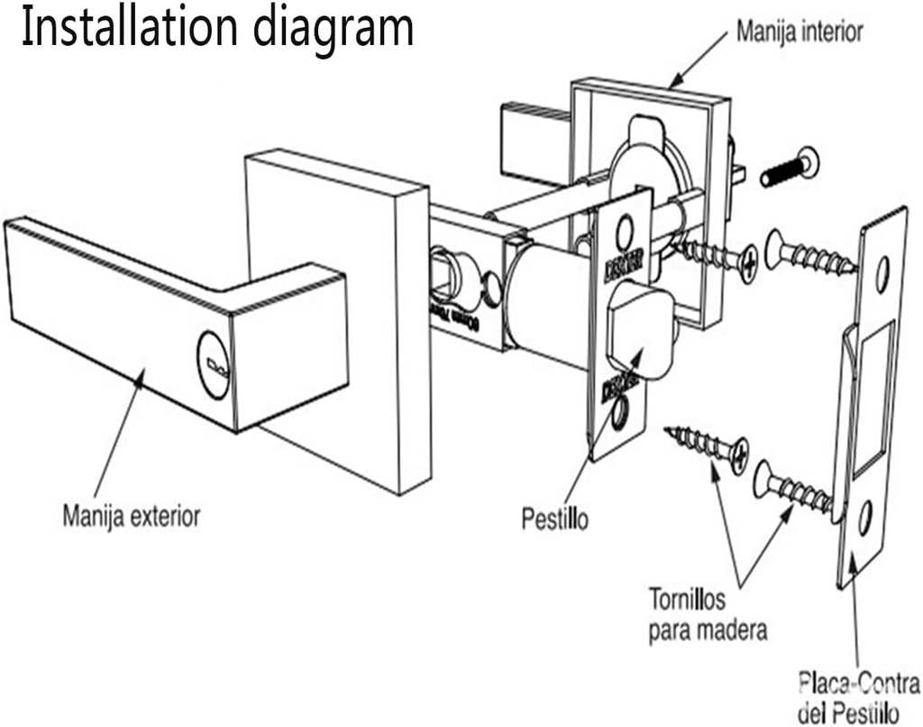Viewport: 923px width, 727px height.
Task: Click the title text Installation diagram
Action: point(217,28)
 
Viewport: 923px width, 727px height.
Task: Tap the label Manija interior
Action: point(799,32)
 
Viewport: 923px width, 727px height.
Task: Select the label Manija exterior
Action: point(132,517)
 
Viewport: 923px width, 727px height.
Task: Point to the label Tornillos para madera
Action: point(708,613)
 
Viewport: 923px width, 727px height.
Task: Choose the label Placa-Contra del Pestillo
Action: point(859,695)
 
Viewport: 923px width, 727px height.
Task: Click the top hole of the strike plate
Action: point(882,268)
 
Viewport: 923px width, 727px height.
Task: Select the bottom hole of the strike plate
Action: point(864,516)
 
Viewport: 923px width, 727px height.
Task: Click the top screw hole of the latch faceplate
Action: point(623,234)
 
